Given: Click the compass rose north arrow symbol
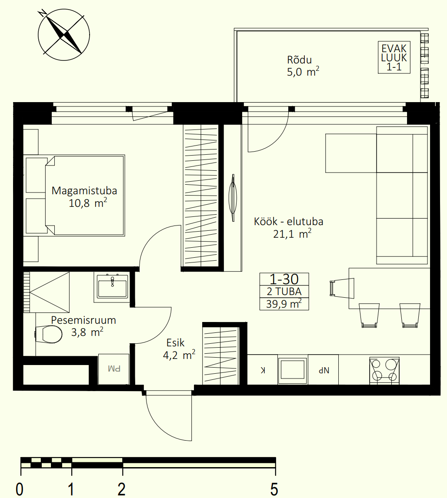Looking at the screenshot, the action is [64, 34].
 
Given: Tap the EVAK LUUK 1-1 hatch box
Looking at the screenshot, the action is [394, 57].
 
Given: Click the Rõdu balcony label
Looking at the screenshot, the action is [299, 60].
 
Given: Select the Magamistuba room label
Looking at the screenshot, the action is [84, 191].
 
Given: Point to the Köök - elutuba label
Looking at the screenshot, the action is [288, 221].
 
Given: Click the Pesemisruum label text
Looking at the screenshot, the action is [83, 320].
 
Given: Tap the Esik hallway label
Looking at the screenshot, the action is [175, 343].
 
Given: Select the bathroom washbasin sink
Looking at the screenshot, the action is [113, 286].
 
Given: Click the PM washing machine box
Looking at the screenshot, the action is [114, 369].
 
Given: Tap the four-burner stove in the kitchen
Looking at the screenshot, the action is [384, 370].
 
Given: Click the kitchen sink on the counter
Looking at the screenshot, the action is [293, 370].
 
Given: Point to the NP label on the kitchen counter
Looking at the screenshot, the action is [324, 370].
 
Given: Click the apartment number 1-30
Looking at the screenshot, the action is [284, 279].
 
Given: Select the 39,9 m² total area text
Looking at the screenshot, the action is [284, 304].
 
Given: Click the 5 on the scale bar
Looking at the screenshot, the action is [274, 489].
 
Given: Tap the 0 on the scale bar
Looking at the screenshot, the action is [20, 489].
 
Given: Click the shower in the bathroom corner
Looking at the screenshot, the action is [47, 292].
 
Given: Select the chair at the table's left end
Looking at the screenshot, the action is [342, 289].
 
